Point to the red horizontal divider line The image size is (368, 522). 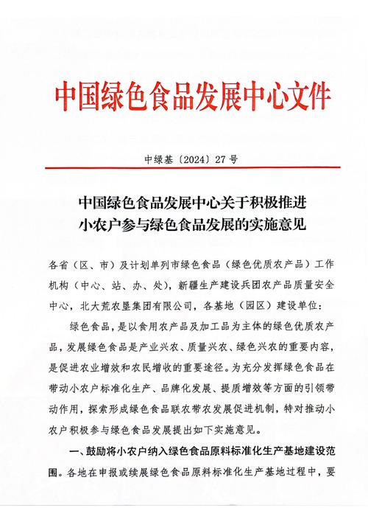coord(184,168)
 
